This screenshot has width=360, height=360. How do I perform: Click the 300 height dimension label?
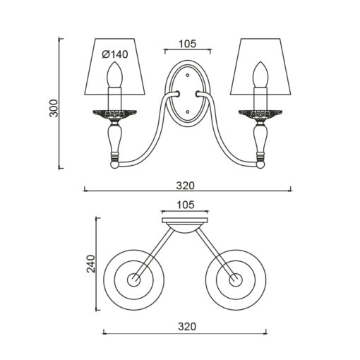[x=54, y=108]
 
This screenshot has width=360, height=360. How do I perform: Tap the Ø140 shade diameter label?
[x=115, y=54]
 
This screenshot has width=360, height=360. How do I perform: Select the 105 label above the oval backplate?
[x=187, y=44]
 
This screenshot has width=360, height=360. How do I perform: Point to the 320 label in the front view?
[x=186, y=186]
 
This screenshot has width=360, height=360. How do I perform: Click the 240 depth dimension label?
[x=91, y=263]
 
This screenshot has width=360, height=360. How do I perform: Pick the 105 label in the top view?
[x=186, y=205]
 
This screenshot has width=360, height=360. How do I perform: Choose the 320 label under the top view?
[x=187, y=327]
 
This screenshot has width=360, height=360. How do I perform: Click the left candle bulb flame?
[x=115, y=74]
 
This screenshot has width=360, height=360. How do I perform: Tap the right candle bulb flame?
[x=260, y=74]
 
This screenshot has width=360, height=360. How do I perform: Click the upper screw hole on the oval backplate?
[x=188, y=76]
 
